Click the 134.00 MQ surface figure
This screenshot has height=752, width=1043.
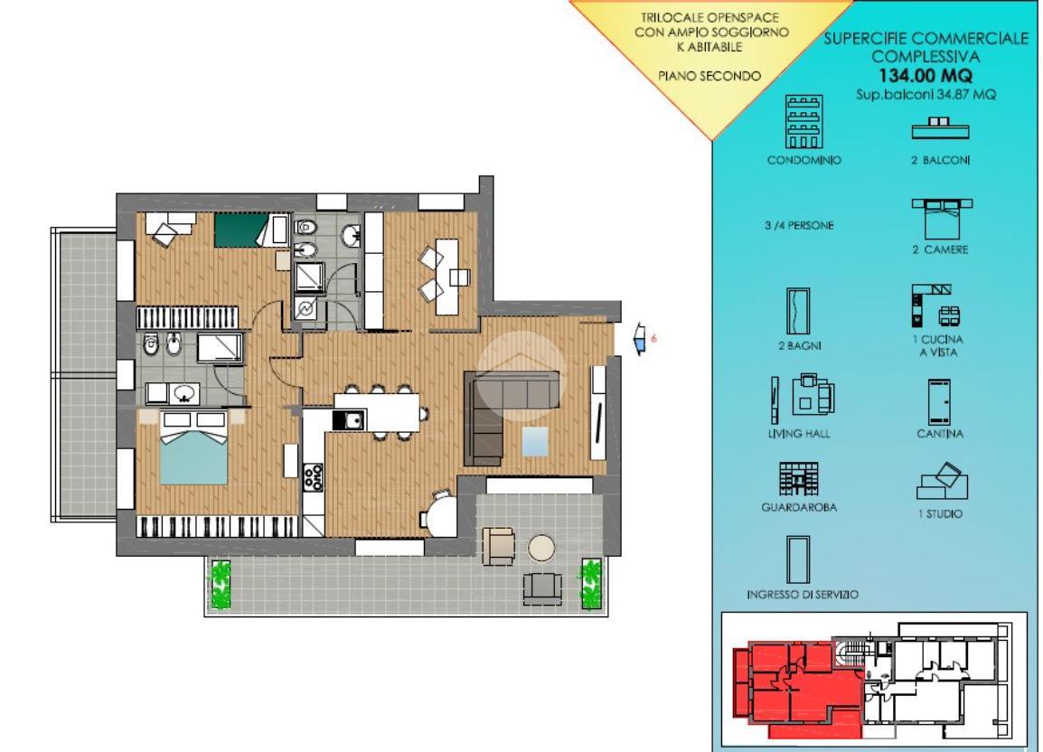pyautogui.click(x=926, y=75)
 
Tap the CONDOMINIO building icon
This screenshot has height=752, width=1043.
pyautogui.click(x=803, y=121)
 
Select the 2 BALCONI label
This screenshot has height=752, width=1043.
pyautogui.click(x=940, y=160)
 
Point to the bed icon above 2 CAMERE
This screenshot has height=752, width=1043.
pyautogui.click(x=942, y=219)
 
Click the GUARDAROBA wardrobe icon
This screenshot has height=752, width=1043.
pyautogui.click(x=798, y=479)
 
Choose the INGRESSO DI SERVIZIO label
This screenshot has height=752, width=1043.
pyautogui.click(x=803, y=595)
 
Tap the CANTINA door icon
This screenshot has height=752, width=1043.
pyautogui.click(x=940, y=402)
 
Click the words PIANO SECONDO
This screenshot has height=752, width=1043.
pyautogui.click(x=709, y=76)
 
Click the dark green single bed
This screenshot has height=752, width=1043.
pyautogui.click(x=243, y=230)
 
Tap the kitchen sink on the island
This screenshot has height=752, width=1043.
pyautogui.click(x=348, y=420)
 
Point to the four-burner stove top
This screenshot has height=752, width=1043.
pyautogui.click(x=314, y=477)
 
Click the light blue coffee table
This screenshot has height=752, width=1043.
pyautogui.click(x=535, y=441)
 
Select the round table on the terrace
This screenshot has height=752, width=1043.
pyautogui.click(x=541, y=549)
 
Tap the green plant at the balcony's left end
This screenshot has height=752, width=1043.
pyautogui.click(x=221, y=585)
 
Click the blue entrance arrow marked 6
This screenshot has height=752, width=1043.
pyautogui.click(x=640, y=338)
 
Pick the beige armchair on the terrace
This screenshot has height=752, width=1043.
pyautogui.click(x=499, y=546)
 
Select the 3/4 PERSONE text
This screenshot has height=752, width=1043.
pyautogui.click(x=799, y=226)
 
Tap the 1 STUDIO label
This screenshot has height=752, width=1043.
pyautogui.click(x=940, y=513)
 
